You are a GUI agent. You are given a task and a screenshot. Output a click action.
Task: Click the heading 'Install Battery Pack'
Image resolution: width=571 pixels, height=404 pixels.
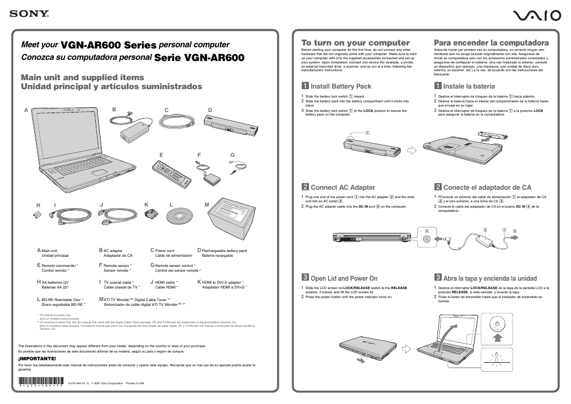point(341,86)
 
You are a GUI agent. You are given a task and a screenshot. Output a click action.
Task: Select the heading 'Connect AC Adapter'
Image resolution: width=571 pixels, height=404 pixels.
point(342,187)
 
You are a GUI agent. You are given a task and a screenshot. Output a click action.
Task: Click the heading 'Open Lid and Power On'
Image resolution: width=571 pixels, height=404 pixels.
point(344,278)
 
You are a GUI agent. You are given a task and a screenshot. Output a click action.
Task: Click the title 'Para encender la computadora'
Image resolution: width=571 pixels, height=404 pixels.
point(491,42)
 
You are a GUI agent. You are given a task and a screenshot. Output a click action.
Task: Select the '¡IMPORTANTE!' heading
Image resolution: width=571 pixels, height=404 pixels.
point(37,359)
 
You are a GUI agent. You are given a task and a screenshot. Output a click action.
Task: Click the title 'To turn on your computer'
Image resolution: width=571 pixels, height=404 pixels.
point(355,42)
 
